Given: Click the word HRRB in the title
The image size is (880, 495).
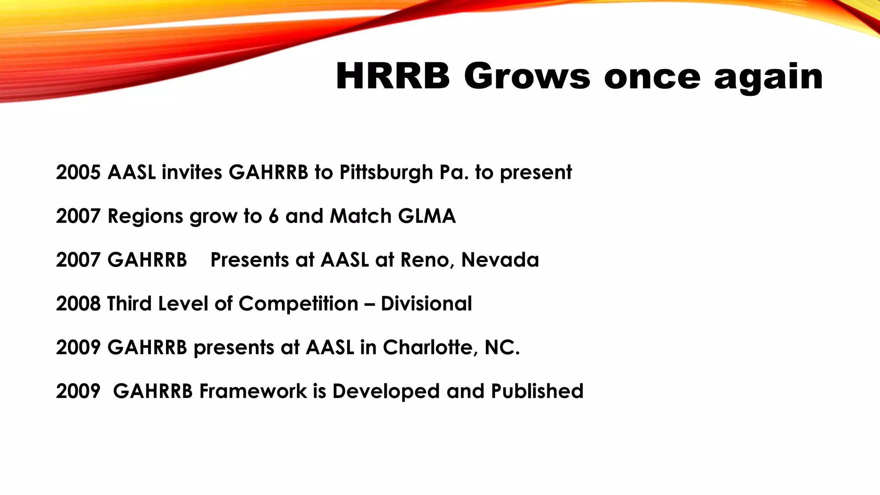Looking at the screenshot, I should pos(393,76).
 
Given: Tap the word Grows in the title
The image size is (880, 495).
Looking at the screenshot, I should pos(527,76).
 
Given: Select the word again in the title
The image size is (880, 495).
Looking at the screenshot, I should pos(768,77).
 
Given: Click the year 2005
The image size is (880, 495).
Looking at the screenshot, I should pos(78,172).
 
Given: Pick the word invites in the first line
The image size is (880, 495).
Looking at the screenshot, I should pos(192,172).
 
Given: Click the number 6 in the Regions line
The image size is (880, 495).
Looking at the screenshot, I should pos(274,216).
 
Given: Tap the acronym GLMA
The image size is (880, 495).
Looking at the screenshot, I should pos(427,216).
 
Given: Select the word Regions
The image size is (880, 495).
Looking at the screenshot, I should pos(146,216).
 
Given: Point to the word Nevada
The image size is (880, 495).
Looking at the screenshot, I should pos(500,260).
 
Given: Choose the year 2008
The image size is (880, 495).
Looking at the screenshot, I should pos(78,304).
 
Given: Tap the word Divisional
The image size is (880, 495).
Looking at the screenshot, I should pos(426,304).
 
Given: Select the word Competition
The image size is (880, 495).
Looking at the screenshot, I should pos(298,304).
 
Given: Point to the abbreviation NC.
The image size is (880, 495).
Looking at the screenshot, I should pos(502,348).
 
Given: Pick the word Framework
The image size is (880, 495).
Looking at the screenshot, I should pos(253,391).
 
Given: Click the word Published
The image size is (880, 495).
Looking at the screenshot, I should pos(537,391).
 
